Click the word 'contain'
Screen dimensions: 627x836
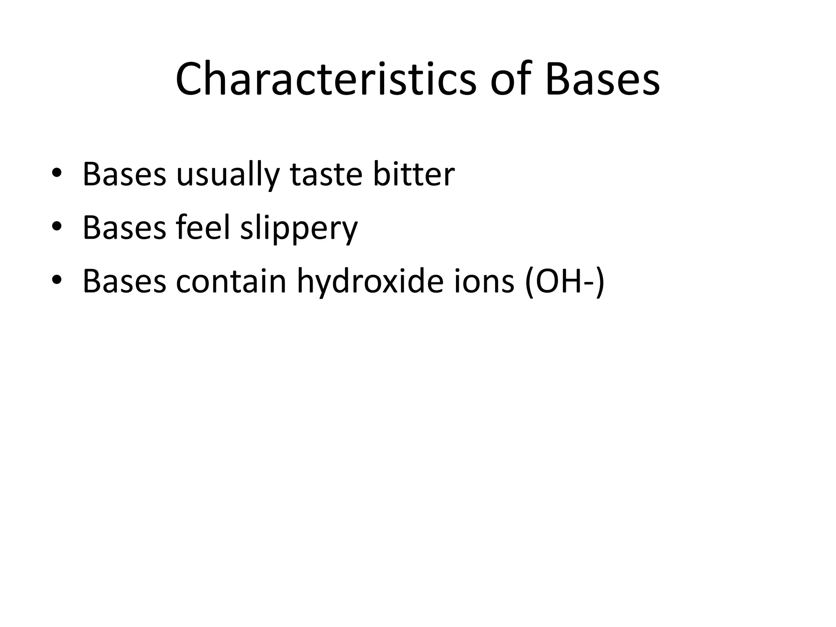231,282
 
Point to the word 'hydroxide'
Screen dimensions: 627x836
370,282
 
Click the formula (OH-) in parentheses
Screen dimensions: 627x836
565,282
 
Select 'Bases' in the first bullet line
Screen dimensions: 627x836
124,175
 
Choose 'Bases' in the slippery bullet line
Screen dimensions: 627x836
124,228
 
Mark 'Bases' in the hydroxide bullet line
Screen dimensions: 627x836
124,282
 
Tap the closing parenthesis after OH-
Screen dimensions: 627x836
599,282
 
